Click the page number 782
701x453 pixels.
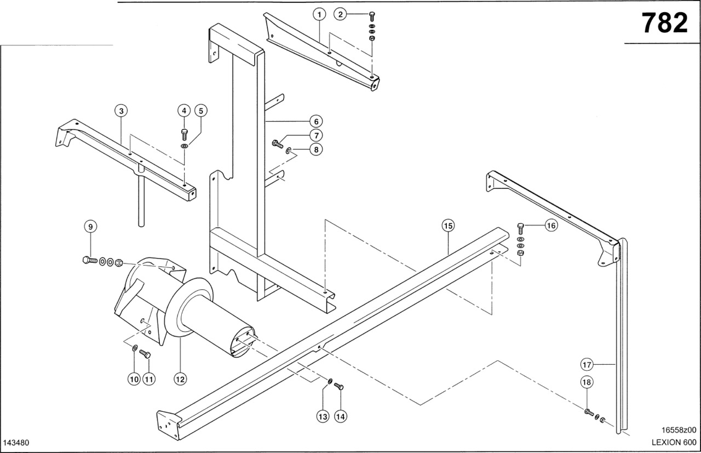tap(664, 23)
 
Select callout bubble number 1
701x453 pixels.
tap(320, 14)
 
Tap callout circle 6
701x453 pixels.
tap(315, 121)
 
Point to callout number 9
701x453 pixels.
tap(90, 226)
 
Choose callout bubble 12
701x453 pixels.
tap(180, 378)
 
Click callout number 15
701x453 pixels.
tap(448, 226)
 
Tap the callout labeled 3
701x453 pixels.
tap(122, 111)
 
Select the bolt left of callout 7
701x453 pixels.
tap(277, 144)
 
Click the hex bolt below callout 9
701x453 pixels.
tap(88, 259)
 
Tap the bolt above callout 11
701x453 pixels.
tap(145, 353)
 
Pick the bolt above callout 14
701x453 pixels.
tap(338, 387)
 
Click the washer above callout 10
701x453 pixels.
tap(135, 346)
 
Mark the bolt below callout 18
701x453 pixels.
tap(588, 411)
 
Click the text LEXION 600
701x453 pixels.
tap(673, 442)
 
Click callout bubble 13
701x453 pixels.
tap(323, 416)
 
